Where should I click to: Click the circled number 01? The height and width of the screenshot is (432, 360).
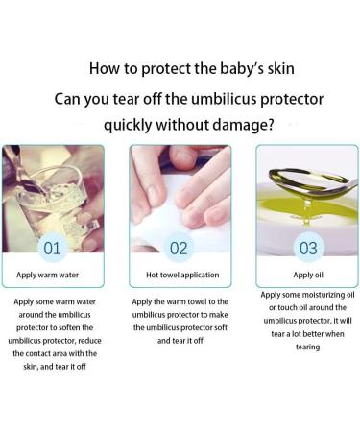point(52,249)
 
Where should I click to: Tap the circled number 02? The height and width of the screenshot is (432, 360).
point(180,249)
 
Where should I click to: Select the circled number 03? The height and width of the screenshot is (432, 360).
point(307,249)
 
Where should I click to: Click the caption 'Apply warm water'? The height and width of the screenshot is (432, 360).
point(52,276)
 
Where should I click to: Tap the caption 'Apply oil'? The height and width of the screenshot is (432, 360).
point(306,276)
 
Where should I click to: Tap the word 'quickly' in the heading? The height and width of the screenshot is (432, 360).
point(134,125)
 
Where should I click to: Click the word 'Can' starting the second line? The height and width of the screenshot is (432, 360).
point(74,97)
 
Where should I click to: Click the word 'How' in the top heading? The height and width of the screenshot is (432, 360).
point(105,68)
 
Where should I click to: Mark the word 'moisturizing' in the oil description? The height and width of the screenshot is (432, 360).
point(313,295)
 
